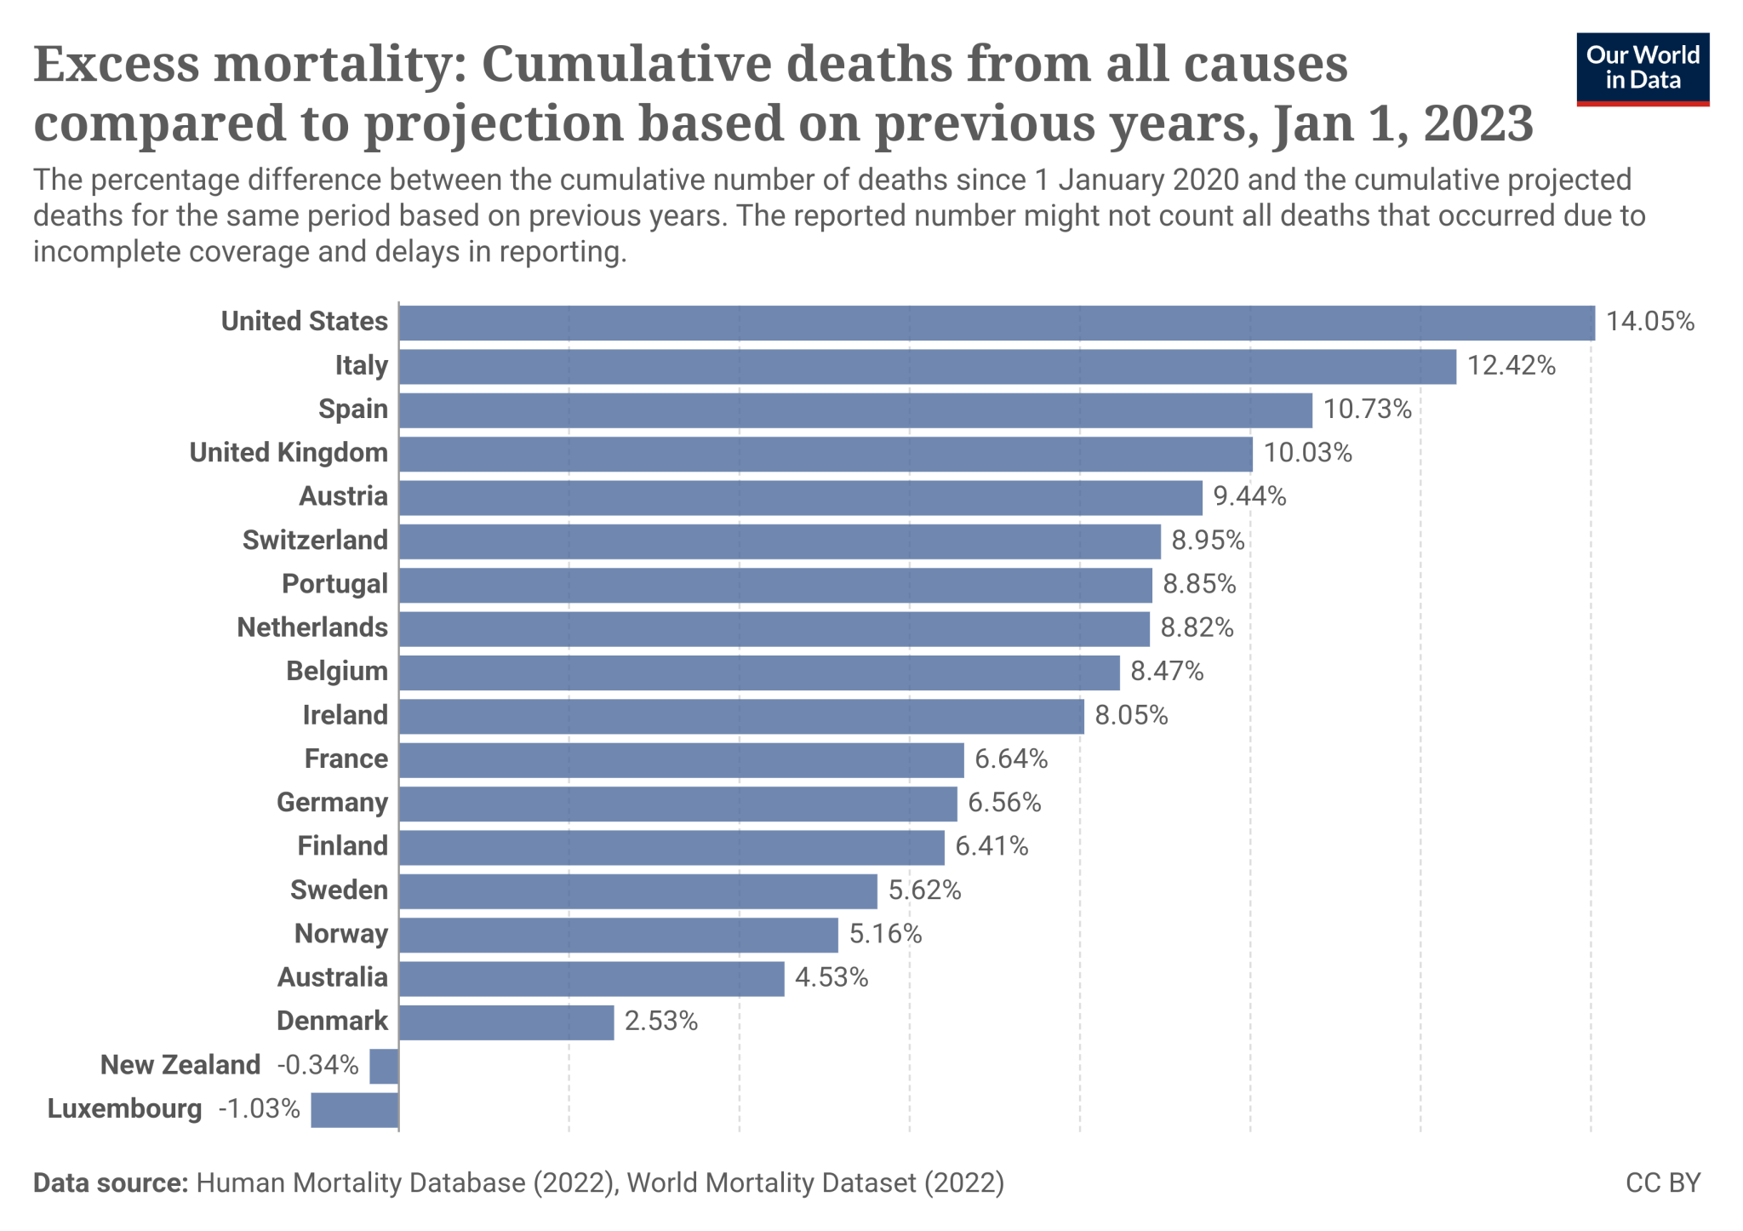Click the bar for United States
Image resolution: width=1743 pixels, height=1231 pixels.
[x=996, y=323]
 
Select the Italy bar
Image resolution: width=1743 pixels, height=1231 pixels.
[x=927, y=367]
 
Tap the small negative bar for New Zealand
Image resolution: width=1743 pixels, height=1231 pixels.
[x=384, y=1066]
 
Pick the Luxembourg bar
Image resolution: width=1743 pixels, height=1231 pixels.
[x=355, y=1110]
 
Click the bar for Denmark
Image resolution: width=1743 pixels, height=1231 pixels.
[x=506, y=1022]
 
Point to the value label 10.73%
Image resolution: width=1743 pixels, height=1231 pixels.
[x=1367, y=409]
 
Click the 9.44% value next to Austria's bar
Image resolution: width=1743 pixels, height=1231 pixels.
[x=1249, y=496]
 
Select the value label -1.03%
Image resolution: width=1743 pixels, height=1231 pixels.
[x=260, y=1109]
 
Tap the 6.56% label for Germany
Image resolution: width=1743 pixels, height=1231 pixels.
[x=1004, y=803]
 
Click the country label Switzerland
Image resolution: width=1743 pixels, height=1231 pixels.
[x=315, y=541]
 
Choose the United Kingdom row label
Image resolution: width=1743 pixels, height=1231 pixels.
[x=289, y=453]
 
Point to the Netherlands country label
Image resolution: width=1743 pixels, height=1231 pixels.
[x=312, y=628]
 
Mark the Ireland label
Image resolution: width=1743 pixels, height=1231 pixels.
[x=345, y=715]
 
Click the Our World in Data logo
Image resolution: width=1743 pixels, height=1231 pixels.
[x=1642, y=69]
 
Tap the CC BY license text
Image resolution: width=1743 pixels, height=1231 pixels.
[x=1662, y=1183]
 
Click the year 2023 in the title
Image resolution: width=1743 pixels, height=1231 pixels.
[x=1478, y=124]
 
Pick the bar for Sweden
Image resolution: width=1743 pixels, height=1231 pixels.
[x=637, y=891]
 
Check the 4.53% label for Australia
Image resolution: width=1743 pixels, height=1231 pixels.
[x=831, y=978]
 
